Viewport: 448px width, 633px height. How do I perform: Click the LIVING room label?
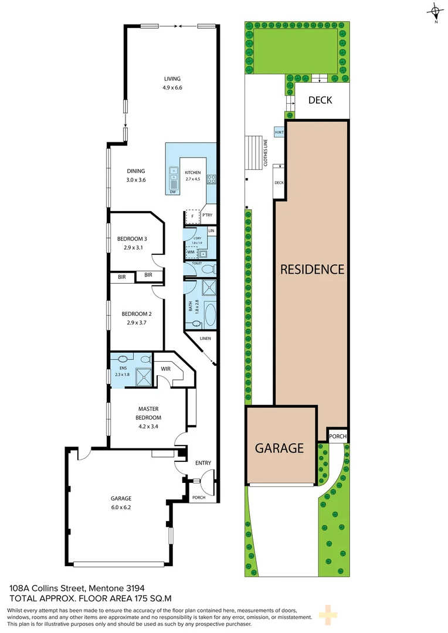tap(172, 79)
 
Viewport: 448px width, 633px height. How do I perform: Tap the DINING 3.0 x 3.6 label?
tap(135, 175)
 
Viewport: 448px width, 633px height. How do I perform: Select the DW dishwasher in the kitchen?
tap(173, 192)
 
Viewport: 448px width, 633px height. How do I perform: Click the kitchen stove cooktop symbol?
tap(211, 179)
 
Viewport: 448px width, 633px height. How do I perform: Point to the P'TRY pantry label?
tap(207, 215)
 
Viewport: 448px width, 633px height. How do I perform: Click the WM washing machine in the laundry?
tap(191, 252)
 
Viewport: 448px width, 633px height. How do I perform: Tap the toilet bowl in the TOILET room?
tap(207, 269)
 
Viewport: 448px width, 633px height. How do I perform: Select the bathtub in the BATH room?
tap(210, 316)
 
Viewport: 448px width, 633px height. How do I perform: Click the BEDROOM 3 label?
tap(132, 239)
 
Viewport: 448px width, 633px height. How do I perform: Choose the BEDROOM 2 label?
tap(137, 314)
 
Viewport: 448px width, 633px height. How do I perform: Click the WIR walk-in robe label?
tap(165, 369)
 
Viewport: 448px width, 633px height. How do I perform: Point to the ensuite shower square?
tap(144, 377)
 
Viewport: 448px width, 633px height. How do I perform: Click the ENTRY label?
tap(203, 463)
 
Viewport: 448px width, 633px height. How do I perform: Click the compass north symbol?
tap(436, 12)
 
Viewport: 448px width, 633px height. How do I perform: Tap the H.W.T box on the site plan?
tap(279, 132)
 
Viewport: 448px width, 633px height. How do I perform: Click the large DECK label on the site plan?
tap(320, 100)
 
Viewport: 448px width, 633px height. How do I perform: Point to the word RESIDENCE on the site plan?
tap(313, 269)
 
